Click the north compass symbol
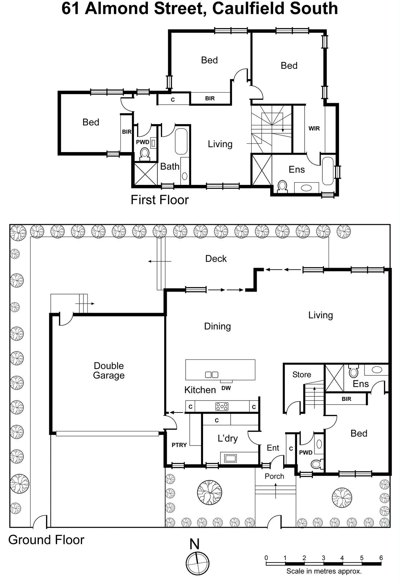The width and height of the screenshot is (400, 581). click(x=197, y=563)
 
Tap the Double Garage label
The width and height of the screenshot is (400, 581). click(x=109, y=370)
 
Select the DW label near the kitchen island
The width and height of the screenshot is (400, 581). click(x=226, y=388)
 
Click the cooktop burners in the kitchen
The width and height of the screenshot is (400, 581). click(x=222, y=406)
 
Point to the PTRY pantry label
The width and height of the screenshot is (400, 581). click(x=179, y=445)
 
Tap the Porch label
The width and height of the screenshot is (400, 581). click(x=274, y=476)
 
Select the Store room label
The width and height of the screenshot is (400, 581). click(x=302, y=374)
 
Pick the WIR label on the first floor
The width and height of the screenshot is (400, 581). click(x=314, y=128)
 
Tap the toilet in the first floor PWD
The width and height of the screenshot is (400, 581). click(x=145, y=154)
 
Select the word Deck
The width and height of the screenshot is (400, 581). click(x=216, y=259)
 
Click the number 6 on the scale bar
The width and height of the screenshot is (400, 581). click(x=381, y=558)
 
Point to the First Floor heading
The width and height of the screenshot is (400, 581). click(x=160, y=200)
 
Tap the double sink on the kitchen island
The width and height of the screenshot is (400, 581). click(x=212, y=374)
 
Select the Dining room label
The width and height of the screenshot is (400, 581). click(x=217, y=326)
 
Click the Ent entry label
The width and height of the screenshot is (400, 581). click(x=273, y=448)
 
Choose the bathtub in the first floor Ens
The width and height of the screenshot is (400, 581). click(x=327, y=170)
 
